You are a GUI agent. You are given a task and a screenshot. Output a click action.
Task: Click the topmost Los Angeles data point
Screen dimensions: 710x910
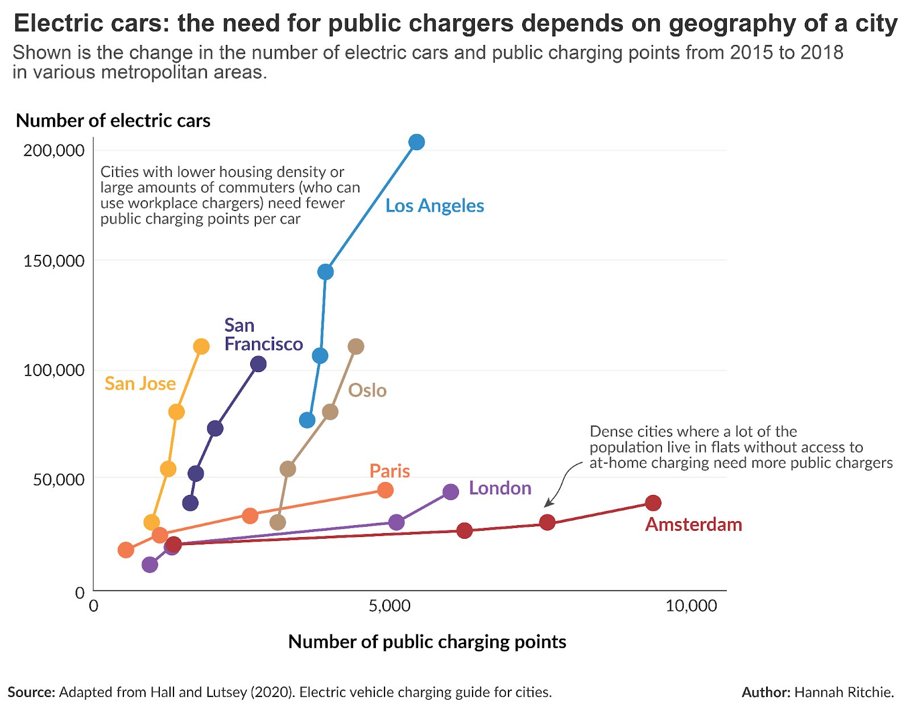[x=417, y=142]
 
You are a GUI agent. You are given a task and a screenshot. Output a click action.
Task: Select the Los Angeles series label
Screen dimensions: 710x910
[x=435, y=206]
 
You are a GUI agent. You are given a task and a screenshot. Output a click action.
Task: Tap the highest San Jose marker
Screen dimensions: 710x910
[x=201, y=346]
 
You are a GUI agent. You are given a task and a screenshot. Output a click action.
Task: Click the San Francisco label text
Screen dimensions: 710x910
[x=263, y=335]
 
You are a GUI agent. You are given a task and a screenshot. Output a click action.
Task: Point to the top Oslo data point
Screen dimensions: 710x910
[x=355, y=346]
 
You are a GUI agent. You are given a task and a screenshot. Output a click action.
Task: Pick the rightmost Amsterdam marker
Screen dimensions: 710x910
[x=653, y=503]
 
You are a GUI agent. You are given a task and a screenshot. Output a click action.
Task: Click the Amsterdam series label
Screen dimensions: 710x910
[x=693, y=525]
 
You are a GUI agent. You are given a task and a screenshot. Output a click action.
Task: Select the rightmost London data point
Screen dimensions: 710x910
[x=450, y=492]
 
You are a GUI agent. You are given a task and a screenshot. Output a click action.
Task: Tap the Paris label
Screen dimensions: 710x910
[x=390, y=471]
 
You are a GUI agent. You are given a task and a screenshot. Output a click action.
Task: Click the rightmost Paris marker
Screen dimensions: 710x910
[x=385, y=490]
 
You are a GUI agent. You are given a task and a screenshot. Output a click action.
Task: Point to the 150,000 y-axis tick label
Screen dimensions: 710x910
[x=54, y=261]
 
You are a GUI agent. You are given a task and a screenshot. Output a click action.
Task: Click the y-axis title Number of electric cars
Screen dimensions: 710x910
[x=113, y=121]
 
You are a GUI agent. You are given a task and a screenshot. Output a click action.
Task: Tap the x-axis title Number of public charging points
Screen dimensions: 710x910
[x=427, y=642]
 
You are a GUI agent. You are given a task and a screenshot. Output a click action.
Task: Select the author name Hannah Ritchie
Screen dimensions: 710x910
[x=843, y=692]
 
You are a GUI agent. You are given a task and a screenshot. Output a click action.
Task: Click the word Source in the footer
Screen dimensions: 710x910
[x=31, y=692]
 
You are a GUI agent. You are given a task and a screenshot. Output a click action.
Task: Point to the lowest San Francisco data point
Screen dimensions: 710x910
[x=191, y=503]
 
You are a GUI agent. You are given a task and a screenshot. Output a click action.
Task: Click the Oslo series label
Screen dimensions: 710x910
[x=367, y=391]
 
